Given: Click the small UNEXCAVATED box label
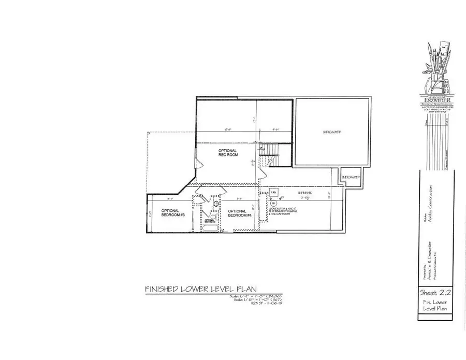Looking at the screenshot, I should (350, 177).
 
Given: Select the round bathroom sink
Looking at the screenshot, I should (216, 204).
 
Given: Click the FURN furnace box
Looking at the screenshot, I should (274, 192).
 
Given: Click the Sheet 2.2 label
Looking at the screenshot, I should (434, 293).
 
